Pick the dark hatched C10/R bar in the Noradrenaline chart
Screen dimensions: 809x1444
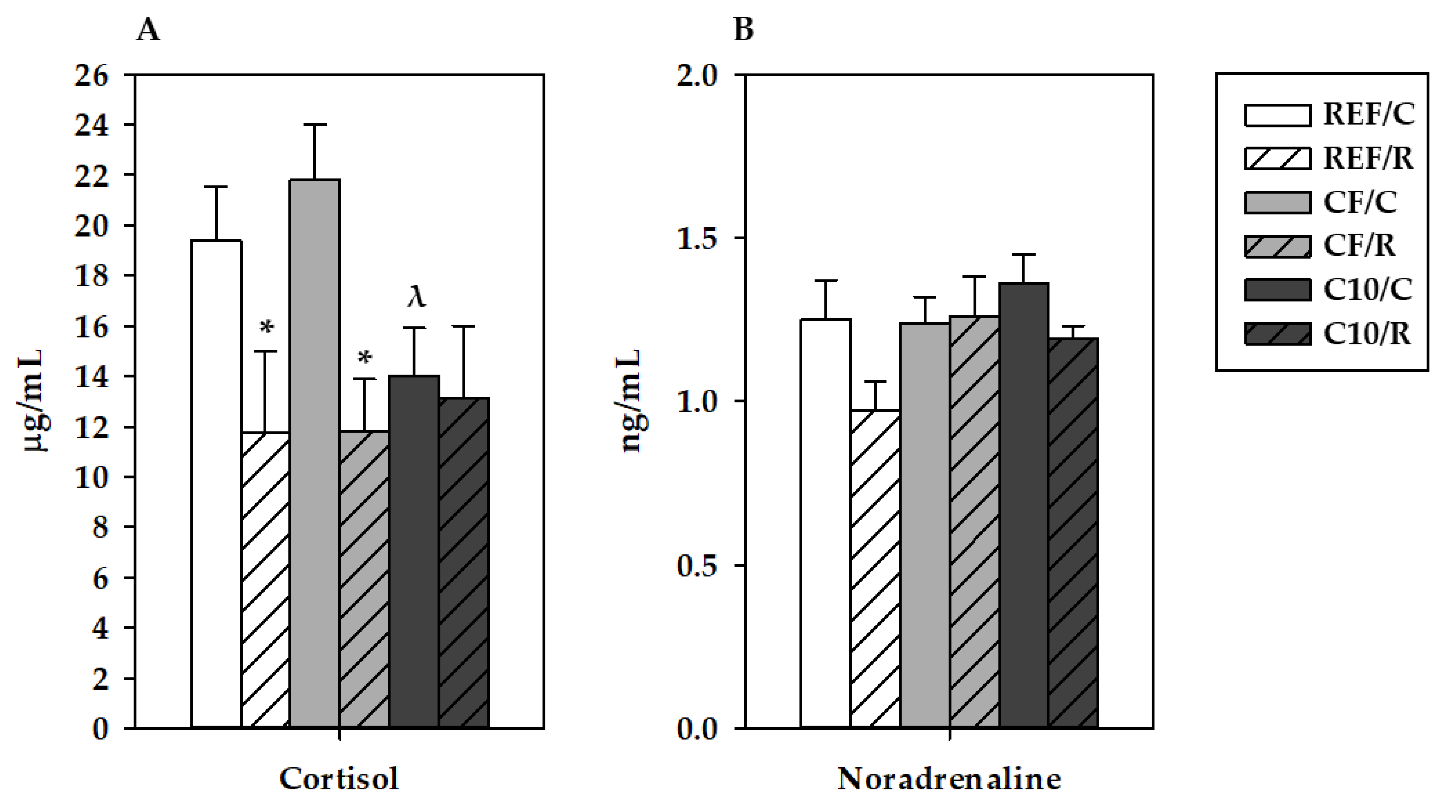1073,532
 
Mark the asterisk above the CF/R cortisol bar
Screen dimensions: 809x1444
365,357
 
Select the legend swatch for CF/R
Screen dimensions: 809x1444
1277,246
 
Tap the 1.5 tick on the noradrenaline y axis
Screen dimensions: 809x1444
697,239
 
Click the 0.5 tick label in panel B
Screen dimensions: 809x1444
697,565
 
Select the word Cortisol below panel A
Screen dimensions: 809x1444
339,778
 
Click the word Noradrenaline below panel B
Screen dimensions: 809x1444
949,778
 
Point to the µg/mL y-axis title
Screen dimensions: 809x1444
35,401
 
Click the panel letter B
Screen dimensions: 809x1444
743,29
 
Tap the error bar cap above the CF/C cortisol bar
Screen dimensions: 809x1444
315,125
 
